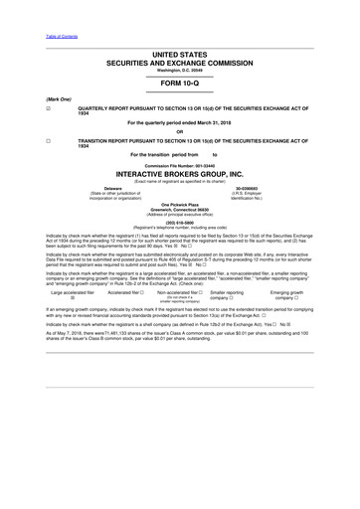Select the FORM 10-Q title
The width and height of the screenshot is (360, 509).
[179, 84]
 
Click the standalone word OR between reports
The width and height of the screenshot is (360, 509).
[179, 132]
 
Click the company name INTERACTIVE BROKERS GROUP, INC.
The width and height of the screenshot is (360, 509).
[179, 173]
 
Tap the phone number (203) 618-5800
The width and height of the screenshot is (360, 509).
[179, 222]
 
